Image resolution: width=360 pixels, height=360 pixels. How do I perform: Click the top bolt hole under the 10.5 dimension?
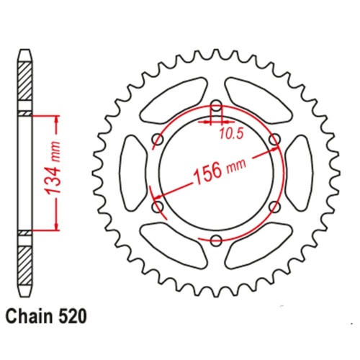pyautogui.click(x=216, y=108)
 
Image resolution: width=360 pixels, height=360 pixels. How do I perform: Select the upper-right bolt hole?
pyautogui.click(x=273, y=139)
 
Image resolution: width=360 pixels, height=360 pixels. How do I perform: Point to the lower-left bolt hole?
pyautogui.click(x=158, y=207)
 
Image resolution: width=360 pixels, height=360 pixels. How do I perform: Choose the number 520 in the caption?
pyautogui.click(x=76, y=315)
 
